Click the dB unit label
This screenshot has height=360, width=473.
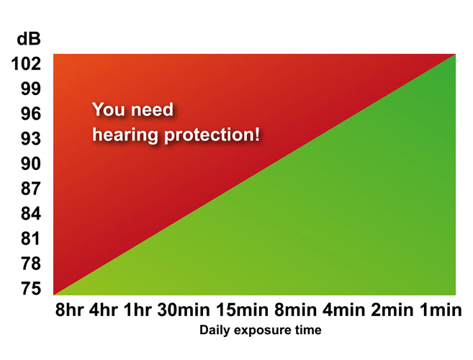point(29,39)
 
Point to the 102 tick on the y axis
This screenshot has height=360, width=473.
point(26,63)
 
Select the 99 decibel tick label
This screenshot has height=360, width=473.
point(31,89)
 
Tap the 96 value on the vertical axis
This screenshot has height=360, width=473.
point(31,114)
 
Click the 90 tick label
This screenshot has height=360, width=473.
point(31,163)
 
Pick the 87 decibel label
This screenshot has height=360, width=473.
point(31,189)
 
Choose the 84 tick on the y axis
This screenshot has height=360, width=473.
point(31,213)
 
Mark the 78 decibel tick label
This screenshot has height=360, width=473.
point(31,264)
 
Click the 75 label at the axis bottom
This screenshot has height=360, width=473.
point(31,288)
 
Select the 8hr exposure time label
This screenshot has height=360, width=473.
point(69,310)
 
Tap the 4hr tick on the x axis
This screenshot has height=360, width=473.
point(104,310)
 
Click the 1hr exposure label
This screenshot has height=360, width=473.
point(138,310)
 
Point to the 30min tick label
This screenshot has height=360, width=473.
point(184,310)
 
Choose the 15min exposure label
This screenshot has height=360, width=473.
point(242,310)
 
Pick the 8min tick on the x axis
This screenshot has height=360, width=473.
point(295,310)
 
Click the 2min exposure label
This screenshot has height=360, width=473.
point(392,310)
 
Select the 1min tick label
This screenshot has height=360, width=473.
point(441,310)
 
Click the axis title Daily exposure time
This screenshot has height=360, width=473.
point(261,330)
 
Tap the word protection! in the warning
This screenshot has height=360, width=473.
point(212,135)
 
